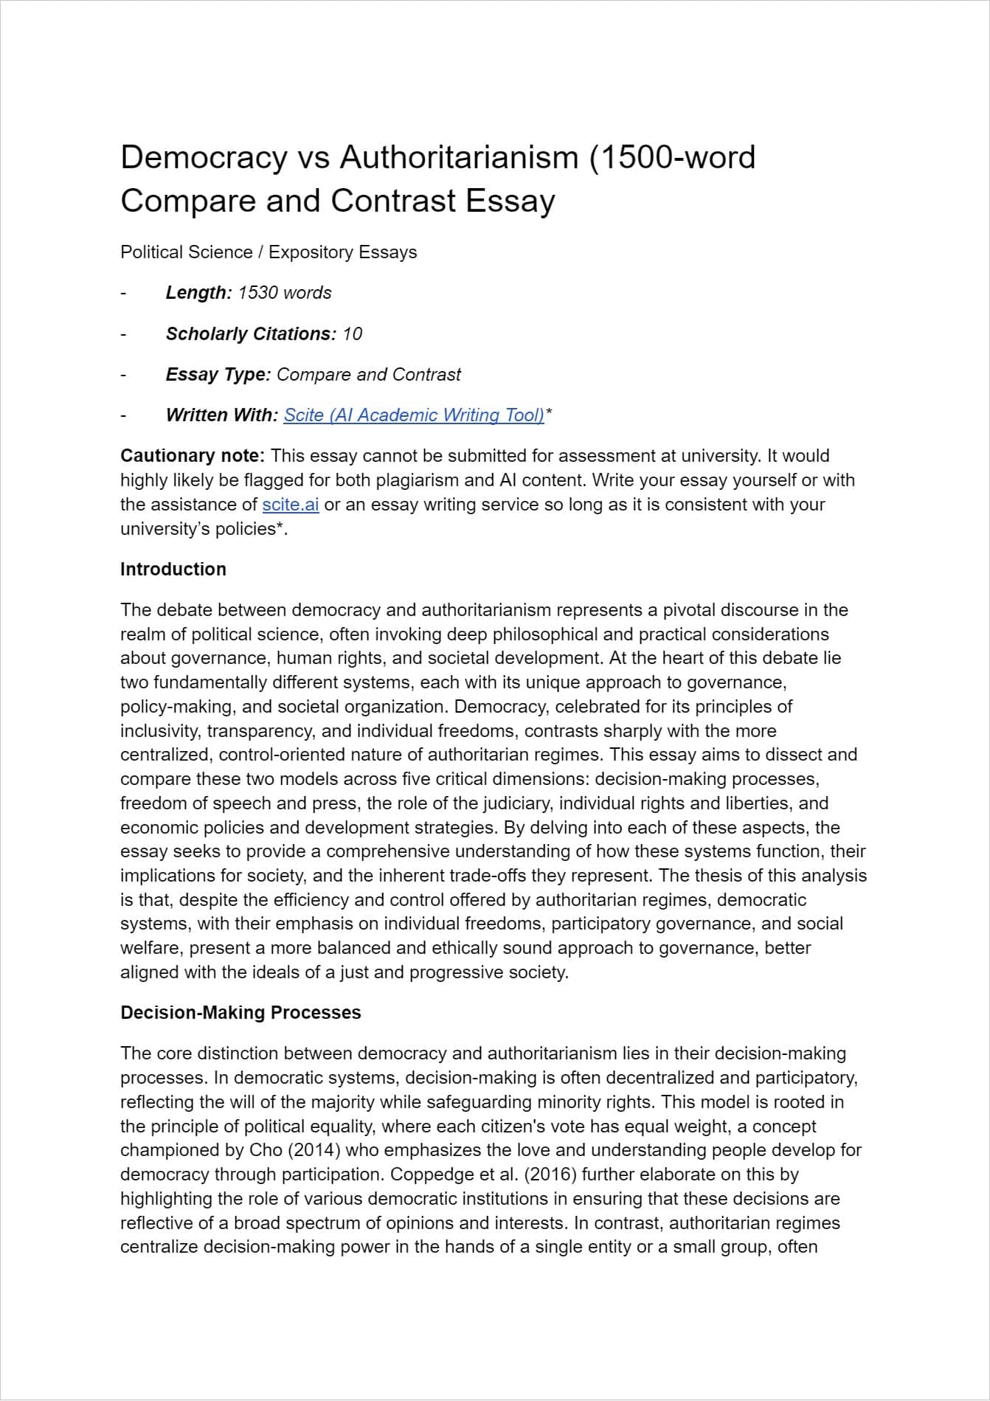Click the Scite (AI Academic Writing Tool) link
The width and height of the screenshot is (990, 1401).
tap(413, 415)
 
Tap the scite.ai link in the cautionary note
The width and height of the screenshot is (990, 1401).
tap(290, 505)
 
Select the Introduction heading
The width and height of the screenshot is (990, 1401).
tap(173, 570)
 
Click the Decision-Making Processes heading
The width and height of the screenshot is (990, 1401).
tap(240, 1013)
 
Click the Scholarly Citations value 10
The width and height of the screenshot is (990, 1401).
tap(352, 334)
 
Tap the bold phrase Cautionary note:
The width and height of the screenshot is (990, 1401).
tap(193, 456)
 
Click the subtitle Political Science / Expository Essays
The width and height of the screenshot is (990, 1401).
tap(269, 252)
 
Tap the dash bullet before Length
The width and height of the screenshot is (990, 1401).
tap(124, 293)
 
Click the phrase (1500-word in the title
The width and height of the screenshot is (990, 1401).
tap(672, 158)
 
